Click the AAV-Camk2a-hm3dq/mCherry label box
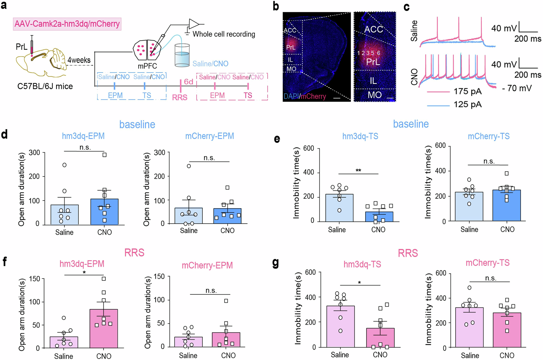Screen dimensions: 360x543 point(67,24)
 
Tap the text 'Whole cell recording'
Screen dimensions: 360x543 point(224,34)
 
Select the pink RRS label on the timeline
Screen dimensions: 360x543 point(180,97)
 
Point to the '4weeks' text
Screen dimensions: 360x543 point(79,60)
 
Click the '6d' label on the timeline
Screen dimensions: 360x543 point(188,82)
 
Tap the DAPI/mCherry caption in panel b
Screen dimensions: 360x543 point(305,96)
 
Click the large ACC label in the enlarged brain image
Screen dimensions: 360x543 point(374,29)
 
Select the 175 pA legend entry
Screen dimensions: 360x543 point(467,92)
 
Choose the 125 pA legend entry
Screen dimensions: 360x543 point(467,105)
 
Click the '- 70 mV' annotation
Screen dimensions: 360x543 point(517,88)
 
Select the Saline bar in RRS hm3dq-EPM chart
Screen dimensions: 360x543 point(64,342)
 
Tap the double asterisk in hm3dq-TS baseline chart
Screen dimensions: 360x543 point(358,171)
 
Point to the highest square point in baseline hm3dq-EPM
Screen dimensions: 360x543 point(104,155)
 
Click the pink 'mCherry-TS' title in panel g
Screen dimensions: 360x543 point(487,263)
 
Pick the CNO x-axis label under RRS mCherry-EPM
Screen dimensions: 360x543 point(228,355)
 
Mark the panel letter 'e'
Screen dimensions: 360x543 point(277,139)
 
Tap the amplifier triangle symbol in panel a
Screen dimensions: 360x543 point(194,24)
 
